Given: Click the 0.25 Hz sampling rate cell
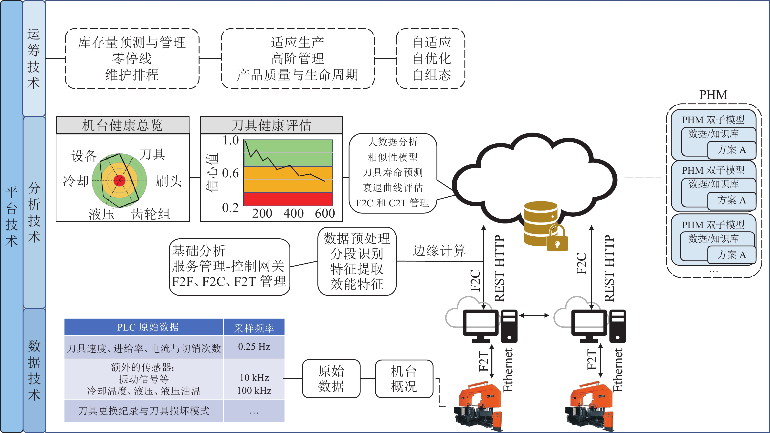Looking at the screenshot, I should point(254,347).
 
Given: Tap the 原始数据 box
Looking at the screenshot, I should point(331,379).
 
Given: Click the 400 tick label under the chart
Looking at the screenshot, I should point(293,213).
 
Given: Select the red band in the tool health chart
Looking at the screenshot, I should point(288,199).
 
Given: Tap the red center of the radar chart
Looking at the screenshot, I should point(120,180).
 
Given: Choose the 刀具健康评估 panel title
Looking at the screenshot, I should point(271,125).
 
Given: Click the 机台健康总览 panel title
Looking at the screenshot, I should point(123,125).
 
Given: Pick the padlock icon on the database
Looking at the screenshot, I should point(557,239).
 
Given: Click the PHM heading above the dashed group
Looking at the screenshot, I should point(713,95).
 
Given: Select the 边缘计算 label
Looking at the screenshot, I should point(439,250).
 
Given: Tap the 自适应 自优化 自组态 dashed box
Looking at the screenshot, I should point(431,59).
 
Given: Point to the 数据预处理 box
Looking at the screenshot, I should point(357,261).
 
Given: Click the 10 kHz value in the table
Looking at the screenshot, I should point(254,377).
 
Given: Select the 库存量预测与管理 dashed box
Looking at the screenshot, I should point(132,59).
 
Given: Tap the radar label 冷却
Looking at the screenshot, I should point(76,181).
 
